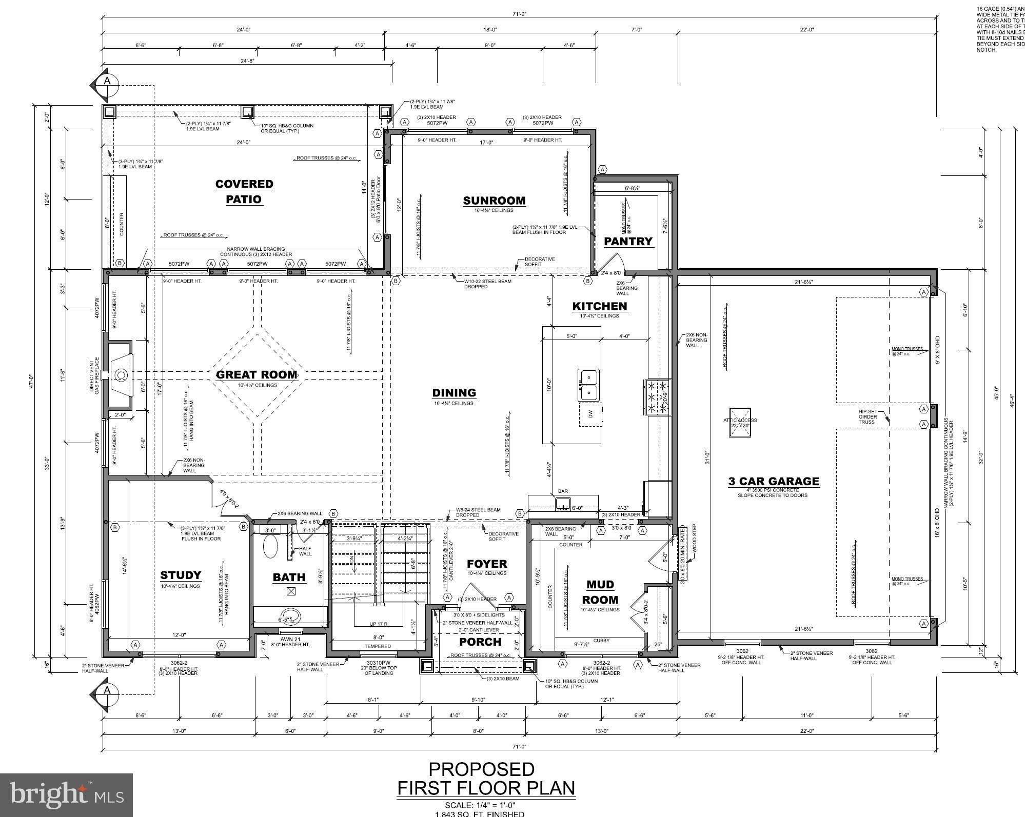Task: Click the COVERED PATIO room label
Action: click(x=244, y=191)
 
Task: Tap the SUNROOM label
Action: click(x=494, y=201)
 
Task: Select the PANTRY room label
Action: click(x=628, y=241)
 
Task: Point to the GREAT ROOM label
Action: click(x=256, y=374)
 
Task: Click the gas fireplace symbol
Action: click(x=120, y=375)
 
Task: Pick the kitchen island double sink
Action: click(x=588, y=385)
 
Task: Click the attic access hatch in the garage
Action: click(x=740, y=423)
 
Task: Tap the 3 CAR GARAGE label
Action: click(x=774, y=481)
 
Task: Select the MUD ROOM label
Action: click(x=600, y=592)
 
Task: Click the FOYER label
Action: click(x=487, y=564)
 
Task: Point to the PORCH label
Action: click(x=480, y=642)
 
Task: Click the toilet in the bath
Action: click(x=271, y=547)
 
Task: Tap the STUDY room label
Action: click(x=181, y=575)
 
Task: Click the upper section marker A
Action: click(x=107, y=81)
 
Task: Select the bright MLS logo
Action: click(x=67, y=794)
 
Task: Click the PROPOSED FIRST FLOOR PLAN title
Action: click(x=486, y=779)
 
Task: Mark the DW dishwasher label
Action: click(x=590, y=415)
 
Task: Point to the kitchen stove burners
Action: click(x=657, y=397)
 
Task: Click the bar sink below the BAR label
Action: click(x=563, y=506)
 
